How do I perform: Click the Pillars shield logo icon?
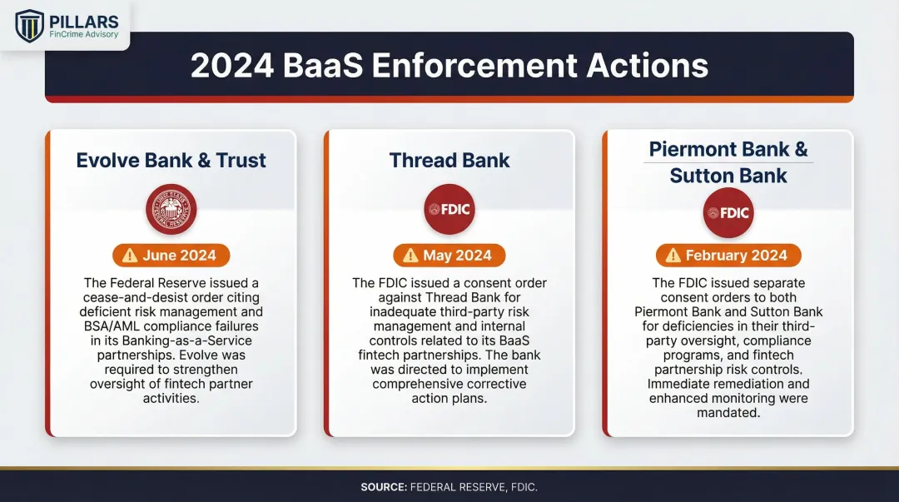pos(30,25)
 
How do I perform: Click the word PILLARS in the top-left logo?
pos(83,21)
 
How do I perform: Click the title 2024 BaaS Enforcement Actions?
pos(449,66)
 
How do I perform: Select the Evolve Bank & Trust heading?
pos(171,161)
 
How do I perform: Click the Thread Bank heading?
pos(449,161)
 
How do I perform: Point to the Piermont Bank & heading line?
pos(728,150)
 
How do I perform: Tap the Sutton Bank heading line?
pos(728,176)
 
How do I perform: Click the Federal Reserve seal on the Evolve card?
pos(171,209)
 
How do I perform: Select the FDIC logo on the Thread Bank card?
pos(449,209)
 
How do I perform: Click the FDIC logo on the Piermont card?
pos(728,212)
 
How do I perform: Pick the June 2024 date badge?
pos(171,256)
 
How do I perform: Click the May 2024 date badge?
pos(449,256)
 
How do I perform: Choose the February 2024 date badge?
pos(728,256)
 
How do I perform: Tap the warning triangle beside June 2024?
pos(131,256)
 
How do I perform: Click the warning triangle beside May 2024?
pos(411,256)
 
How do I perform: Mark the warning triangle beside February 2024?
pos(673,256)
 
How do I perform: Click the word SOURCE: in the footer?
pos(383,487)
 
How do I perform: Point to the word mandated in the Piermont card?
pos(728,413)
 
